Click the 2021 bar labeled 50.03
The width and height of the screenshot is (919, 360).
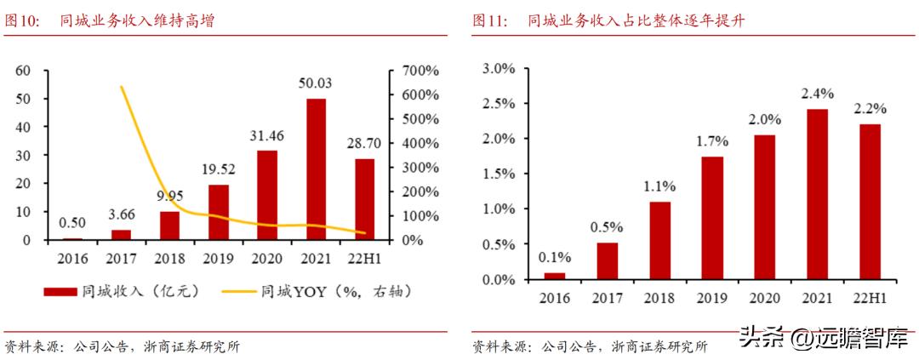(x=316, y=169)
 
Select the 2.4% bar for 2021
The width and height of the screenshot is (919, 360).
(x=817, y=194)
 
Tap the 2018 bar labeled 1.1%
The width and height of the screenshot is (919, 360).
(x=660, y=240)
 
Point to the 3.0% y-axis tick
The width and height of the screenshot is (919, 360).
(x=499, y=68)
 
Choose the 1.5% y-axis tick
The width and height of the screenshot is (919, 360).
(x=499, y=174)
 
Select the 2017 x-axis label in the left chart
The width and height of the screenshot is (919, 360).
(x=122, y=256)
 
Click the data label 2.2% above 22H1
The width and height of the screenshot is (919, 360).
(x=870, y=110)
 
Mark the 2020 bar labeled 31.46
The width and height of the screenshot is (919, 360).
(x=267, y=195)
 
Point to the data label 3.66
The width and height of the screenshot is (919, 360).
(x=122, y=215)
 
